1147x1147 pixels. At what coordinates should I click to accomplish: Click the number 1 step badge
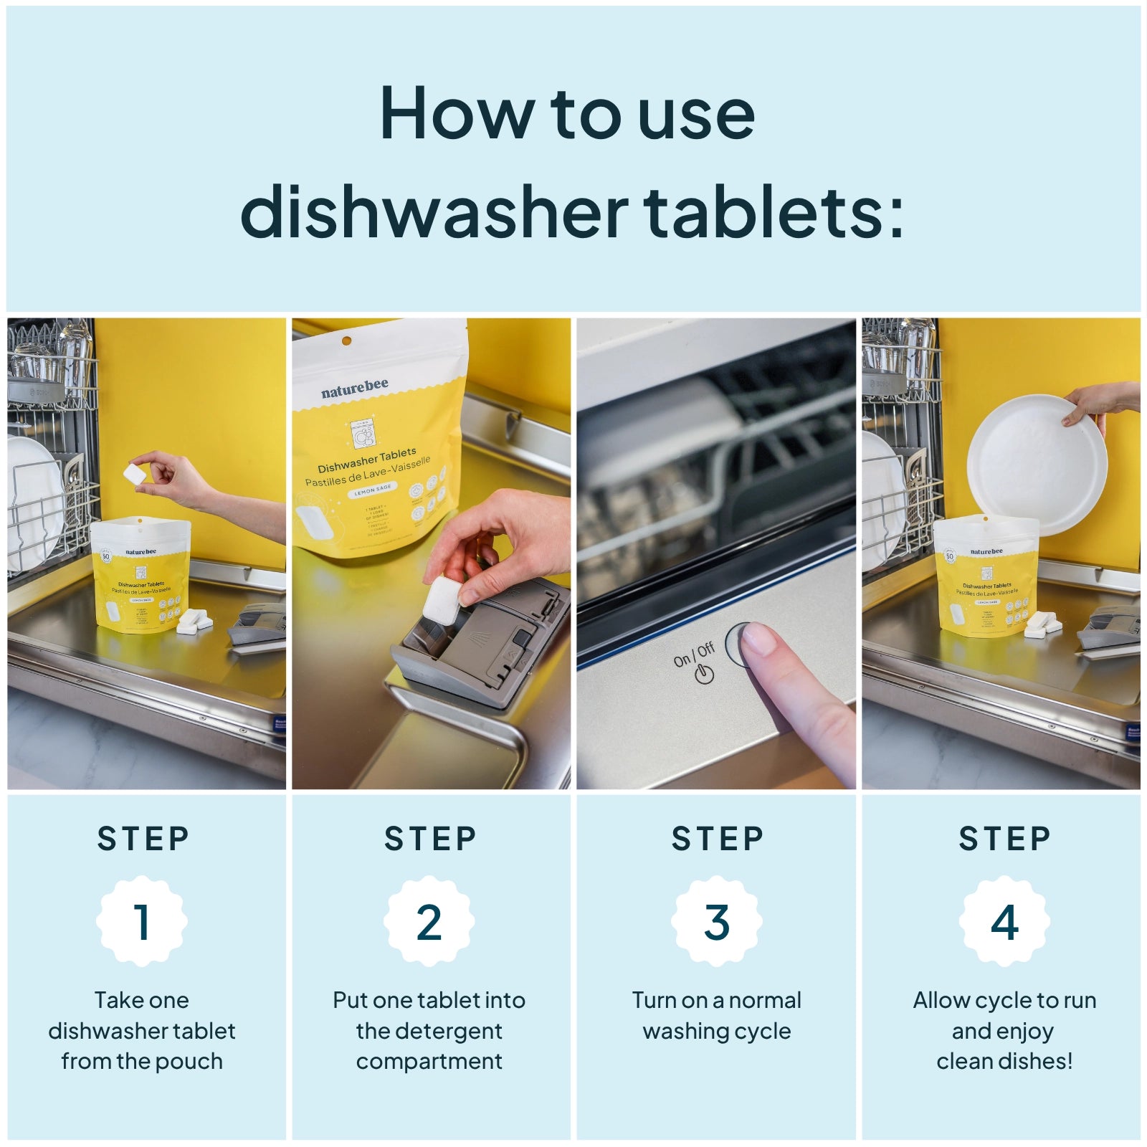pyautogui.click(x=142, y=921)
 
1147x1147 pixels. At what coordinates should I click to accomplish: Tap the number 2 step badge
pyautogui.click(x=429, y=921)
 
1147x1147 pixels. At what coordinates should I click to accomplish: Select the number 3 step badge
pyautogui.click(x=717, y=921)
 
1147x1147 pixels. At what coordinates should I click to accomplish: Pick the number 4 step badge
pyautogui.click(x=1004, y=921)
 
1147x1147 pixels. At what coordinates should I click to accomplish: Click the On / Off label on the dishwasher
pyautogui.click(x=694, y=655)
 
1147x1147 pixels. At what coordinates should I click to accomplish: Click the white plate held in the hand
pyautogui.click(x=1036, y=466)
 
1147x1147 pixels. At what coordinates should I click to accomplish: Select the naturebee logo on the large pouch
pyautogui.click(x=355, y=389)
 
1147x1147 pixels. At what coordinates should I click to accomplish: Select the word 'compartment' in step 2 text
pyautogui.click(x=429, y=1061)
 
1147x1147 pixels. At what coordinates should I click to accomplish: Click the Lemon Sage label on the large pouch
pyautogui.click(x=373, y=490)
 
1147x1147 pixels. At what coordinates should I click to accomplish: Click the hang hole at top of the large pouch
pyautogui.click(x=346, y=341)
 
